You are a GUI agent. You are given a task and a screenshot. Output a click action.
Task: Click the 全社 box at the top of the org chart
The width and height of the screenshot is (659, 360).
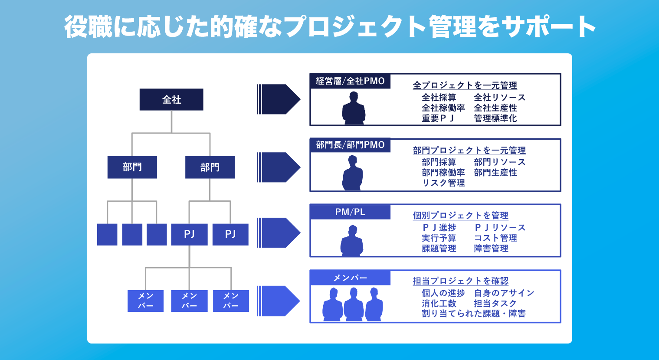[x=171, y=99]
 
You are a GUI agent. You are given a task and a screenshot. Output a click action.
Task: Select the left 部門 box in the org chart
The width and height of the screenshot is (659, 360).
[x=132, y=167]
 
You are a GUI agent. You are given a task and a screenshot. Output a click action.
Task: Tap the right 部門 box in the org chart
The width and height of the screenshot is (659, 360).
[x=210, y=167]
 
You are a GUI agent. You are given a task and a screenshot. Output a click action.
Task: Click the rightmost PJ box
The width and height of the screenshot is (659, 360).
[x=230, y=234]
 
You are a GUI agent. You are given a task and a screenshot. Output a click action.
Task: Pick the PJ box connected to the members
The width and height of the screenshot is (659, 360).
[x=189, y=234]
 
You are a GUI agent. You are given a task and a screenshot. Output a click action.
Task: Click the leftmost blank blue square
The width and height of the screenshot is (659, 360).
[x=107, y=234]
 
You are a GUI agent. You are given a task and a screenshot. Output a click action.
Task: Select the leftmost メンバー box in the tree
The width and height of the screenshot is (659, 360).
[x=145, y=301]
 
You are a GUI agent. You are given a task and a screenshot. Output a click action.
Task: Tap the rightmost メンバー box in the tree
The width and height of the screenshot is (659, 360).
[x=231, y=301]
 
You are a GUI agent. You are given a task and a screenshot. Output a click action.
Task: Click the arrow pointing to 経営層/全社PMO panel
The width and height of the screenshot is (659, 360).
[x=279, y=99]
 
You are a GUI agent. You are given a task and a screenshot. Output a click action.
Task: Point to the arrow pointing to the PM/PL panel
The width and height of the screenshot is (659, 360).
[x=279, y=232]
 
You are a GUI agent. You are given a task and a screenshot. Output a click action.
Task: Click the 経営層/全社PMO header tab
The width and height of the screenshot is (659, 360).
[x=350, y=81]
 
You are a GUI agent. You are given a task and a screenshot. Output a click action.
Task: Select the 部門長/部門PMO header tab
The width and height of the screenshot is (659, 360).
[x=350, y=145]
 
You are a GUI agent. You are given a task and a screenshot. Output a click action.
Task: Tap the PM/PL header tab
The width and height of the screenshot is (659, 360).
[x=350, y=212]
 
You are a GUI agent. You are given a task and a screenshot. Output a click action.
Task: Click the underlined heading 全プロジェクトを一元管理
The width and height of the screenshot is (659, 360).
[x=465, y=85]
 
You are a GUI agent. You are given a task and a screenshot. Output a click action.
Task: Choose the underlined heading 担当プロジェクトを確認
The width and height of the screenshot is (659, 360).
[x=460, y=281]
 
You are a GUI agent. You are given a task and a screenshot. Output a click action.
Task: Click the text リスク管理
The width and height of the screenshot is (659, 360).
[x=443, y=183]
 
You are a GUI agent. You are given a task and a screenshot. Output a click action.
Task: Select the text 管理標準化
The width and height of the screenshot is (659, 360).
[x=495, y=118]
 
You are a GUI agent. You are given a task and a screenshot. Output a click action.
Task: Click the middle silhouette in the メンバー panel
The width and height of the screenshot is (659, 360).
[x=353, y=304]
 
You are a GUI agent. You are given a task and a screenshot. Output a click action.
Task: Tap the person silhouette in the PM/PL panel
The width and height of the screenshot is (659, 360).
[x=352, y=241]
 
